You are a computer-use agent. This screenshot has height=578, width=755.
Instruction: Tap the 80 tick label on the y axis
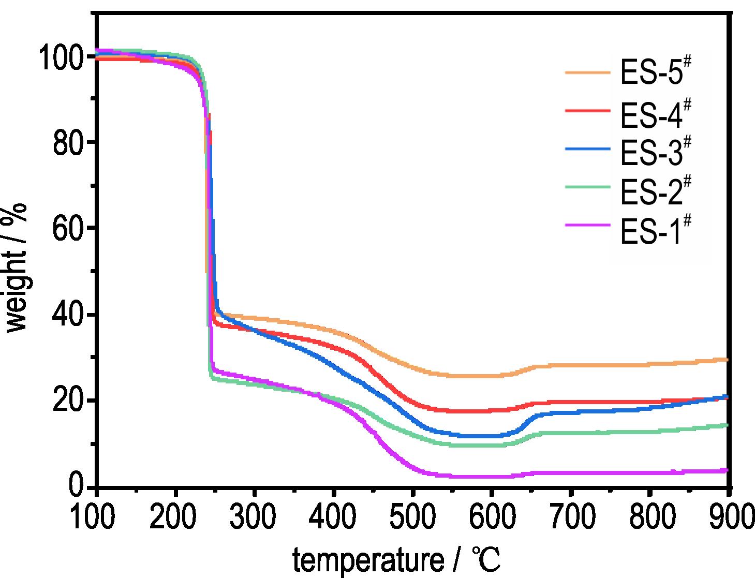(69, 143)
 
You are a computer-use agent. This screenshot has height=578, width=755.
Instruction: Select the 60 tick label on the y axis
(69, 229)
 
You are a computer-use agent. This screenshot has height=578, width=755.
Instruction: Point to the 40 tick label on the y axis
(69, 315)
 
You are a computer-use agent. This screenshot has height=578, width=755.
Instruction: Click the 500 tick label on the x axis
(412, 516)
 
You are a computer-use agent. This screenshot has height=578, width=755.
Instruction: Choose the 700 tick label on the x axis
(570, 516)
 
